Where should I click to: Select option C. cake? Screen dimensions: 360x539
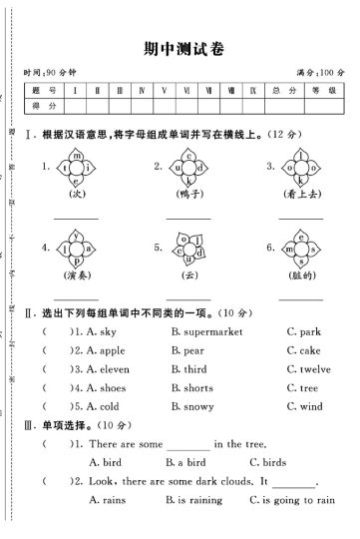(303, 350)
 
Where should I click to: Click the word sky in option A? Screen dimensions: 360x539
(105, 330)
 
